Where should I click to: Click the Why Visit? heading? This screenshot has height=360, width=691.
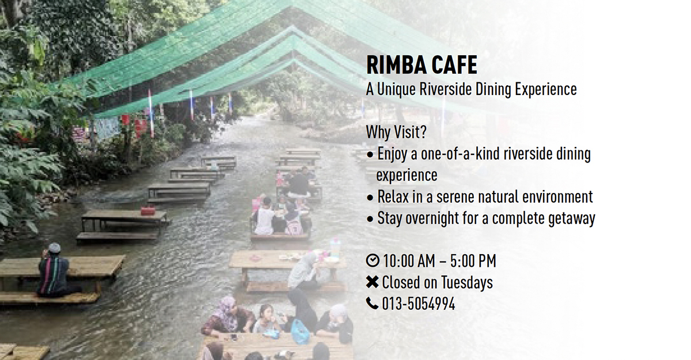tap(396, 132)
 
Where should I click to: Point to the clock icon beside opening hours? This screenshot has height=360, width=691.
tap(373, 260)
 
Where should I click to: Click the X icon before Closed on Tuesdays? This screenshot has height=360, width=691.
tap(373, 282)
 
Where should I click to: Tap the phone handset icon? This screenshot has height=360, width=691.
tap(373, 303)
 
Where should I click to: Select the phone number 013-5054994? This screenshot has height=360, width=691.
tap(419, 304)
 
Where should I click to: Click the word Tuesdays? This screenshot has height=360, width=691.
tap(467, 283)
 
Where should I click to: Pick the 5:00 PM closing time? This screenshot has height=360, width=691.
tap(473, 261)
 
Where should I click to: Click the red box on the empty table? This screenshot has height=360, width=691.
tap(148, 211)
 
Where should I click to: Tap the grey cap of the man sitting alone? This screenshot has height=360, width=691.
tap(55, 248)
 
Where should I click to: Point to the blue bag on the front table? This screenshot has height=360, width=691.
tap(300, 332)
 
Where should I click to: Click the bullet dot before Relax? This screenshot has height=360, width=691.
tap(370, 198)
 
